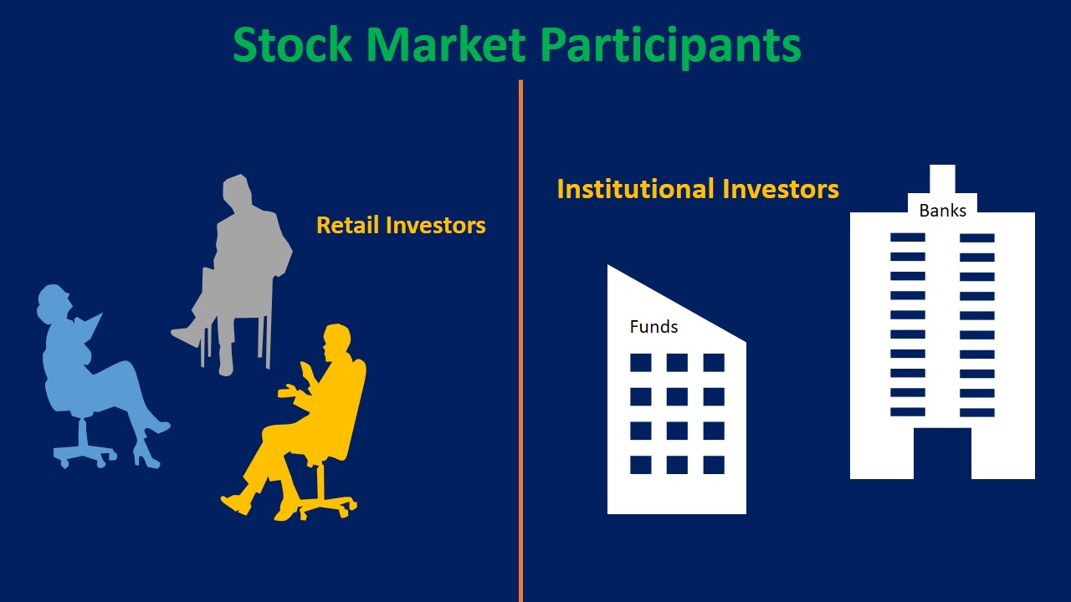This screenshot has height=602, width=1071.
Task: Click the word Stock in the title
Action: [292, 45]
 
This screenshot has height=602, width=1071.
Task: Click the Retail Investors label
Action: [401, 226]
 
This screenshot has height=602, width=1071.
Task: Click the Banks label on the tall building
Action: [942, 211]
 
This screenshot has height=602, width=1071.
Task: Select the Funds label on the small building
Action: [653, 327]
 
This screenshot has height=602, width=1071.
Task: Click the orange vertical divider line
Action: [520, 334]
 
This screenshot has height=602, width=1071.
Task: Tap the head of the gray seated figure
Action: [237, 191]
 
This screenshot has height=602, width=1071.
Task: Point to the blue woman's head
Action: [53, 302]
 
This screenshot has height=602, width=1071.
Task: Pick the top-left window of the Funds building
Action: [640, 363]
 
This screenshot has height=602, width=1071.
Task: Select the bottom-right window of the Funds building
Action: [714, 465]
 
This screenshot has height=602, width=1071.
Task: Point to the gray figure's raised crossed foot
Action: [186, 336]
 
